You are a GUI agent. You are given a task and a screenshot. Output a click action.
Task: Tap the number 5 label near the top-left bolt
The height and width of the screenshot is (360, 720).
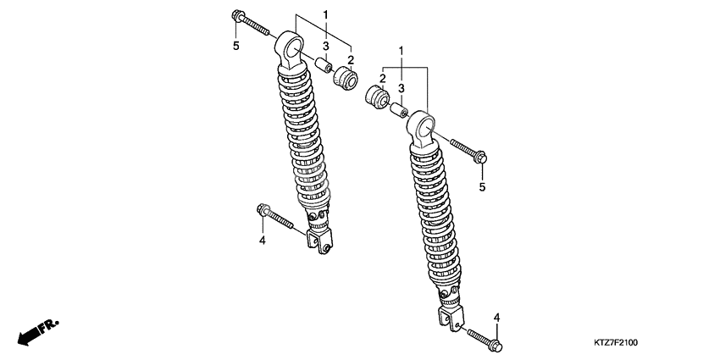236,46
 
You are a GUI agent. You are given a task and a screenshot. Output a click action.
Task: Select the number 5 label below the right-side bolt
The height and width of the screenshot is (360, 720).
482,187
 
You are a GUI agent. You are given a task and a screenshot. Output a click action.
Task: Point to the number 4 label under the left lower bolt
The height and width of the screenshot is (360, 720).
263,241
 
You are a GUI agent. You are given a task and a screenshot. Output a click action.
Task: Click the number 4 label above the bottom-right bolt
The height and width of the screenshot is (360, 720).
496,318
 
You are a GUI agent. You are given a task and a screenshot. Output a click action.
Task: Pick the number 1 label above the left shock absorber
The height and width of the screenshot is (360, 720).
325,14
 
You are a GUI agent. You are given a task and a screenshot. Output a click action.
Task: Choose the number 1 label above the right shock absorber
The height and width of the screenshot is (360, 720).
401,51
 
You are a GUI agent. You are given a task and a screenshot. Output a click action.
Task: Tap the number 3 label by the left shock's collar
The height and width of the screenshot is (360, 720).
325,46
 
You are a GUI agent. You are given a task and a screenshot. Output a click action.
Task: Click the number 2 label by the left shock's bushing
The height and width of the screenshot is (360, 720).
351,59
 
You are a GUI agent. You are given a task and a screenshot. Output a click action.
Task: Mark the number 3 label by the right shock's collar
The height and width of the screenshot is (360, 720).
401,88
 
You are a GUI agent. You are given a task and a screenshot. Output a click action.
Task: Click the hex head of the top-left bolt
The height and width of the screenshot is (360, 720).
237,15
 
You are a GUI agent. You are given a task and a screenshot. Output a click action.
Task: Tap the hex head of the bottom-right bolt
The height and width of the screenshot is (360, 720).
495,346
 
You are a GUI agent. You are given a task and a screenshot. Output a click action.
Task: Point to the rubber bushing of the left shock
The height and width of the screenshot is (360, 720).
346,78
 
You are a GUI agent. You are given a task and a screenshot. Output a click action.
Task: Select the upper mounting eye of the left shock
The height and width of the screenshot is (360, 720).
291,50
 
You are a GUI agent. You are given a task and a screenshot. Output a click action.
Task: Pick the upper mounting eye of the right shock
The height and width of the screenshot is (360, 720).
423,130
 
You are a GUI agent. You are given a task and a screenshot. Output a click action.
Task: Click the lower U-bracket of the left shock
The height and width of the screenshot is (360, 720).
318,241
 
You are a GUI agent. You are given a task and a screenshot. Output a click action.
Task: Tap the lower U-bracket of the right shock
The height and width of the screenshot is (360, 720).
451,318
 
